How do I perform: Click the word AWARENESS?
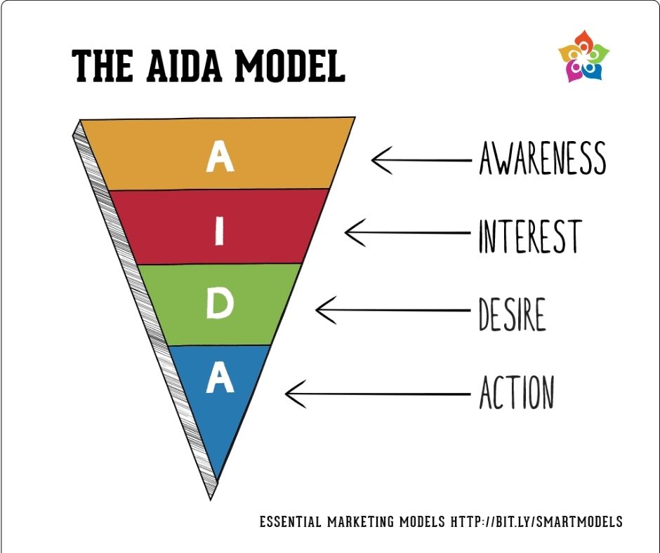tap(543, 158)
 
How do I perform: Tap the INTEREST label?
tap(530, 236)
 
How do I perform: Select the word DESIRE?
tap(513, 314)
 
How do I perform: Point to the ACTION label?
tap(517, 392)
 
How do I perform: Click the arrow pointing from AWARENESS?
tap(421, 160)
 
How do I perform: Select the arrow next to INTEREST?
tap(407, 233)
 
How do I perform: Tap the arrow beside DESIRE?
tap(392, 310)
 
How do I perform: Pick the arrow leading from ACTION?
tap(378, 394)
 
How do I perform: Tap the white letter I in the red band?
tap(219, 233)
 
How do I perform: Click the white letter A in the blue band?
tap(220, 378)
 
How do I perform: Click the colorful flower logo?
tap(583, 56)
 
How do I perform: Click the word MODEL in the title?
tap(289, 66)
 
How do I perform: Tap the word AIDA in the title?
tap(184, 66)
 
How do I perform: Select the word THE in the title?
tap(103, 66)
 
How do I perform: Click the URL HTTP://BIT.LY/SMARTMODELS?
tap(536, 521)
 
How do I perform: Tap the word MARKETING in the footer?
tap(362, 522)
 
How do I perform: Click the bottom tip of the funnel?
tap(211, 500)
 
